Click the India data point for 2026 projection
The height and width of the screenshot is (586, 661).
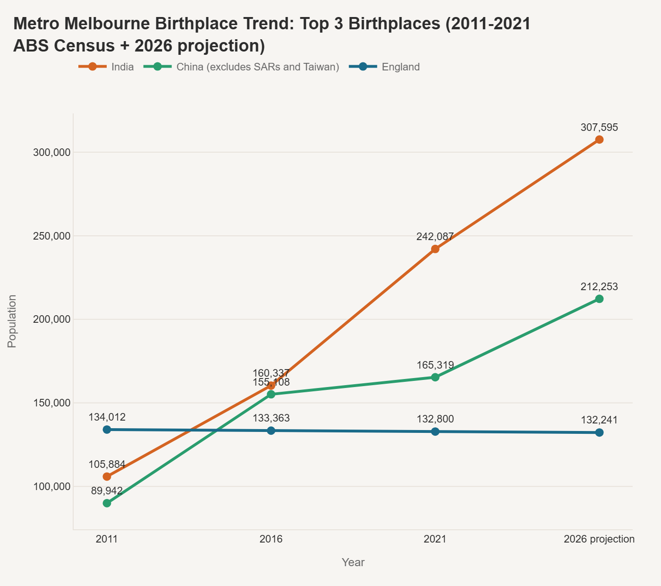599,139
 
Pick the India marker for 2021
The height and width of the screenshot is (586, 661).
435,249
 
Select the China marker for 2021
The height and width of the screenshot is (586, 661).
435,377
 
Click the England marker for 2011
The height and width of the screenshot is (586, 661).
107,430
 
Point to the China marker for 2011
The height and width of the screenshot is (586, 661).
107,503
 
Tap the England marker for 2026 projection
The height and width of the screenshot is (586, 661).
599,432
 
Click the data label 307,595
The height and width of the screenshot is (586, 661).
599,127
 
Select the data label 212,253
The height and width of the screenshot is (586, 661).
599,286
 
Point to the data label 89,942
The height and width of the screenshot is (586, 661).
107,491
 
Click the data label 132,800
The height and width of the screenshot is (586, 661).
435,419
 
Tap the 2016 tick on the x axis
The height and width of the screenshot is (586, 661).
271,539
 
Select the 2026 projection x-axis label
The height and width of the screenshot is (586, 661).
599,539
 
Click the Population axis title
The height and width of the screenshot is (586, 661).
12,321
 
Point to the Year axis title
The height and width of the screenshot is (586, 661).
353,562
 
